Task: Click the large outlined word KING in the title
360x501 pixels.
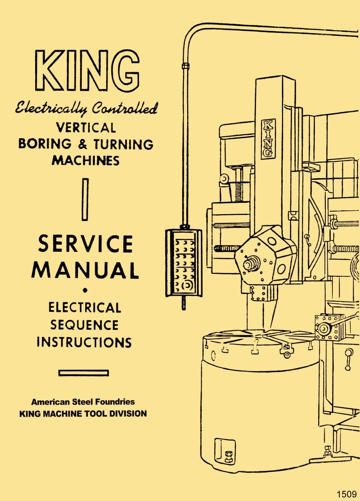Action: pyautogui.click(x=86, y=71)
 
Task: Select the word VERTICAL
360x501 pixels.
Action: pyautogui.click(x=86, y=127)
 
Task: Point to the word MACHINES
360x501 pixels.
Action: pyautogui.click(x=86, y=160)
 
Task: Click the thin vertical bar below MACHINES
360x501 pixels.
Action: pyautogui.click(x=85, y=199)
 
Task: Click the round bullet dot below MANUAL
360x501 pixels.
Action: pyautogui.click(x=85, y=289)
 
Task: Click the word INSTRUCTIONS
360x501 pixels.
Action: pyautogui.click(x=84, y=342)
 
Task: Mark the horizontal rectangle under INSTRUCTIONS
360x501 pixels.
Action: pyautogui.click(x=84, y=372)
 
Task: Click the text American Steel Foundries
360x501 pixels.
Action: pyautogui.click(x=83, y=402)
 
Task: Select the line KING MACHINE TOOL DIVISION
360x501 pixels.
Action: pyautogui.click(x=83, y=414)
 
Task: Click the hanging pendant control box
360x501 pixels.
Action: pyautogui.click(x=183, y=263)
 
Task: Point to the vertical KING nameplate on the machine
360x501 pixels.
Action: pyautogui.click(x=268, y=139)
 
